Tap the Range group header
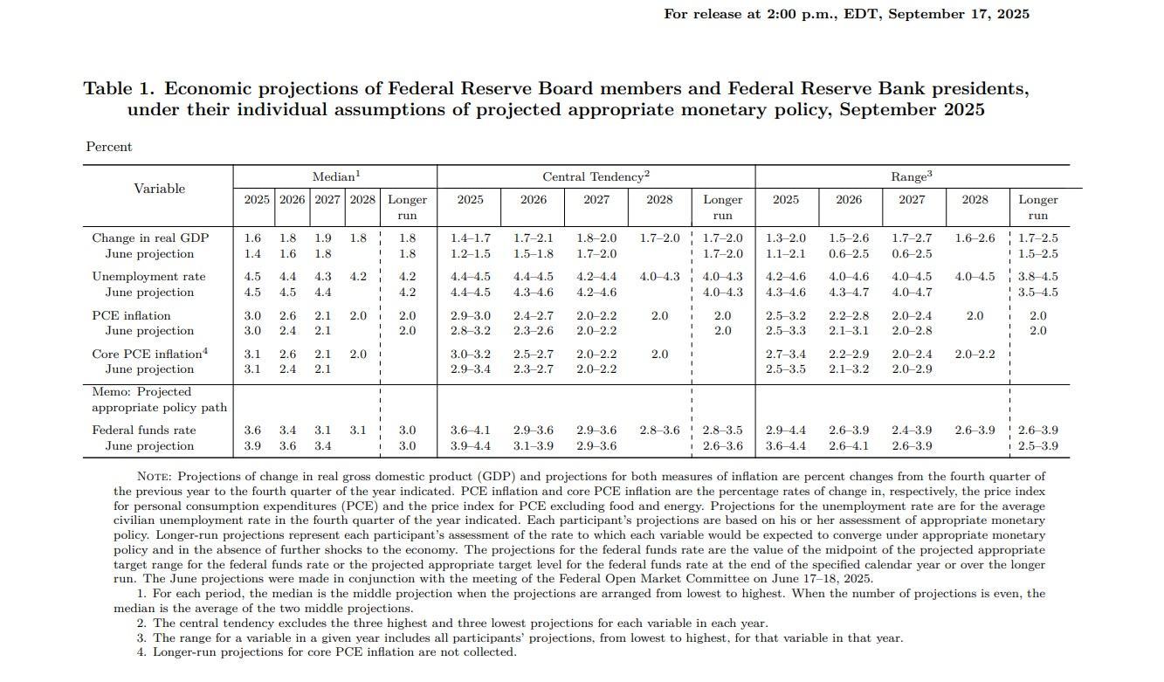[912, 176]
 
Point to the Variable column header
[159, 189]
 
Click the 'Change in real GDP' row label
[150, 238]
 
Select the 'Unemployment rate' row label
[148, 277]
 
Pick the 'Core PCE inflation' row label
[149, 354]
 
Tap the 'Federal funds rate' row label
[144, 431]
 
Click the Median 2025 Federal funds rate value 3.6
[252, 431]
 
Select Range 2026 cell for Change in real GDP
[849, 238]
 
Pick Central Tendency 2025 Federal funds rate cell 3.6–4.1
[470, 431]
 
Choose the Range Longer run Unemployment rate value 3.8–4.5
[1037, 277]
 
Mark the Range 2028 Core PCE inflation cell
[975, 354]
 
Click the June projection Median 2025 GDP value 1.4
[252, 254]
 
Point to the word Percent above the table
[109, 147]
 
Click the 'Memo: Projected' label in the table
[141, 392]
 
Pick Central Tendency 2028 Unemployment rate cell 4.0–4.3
[659, 277]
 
